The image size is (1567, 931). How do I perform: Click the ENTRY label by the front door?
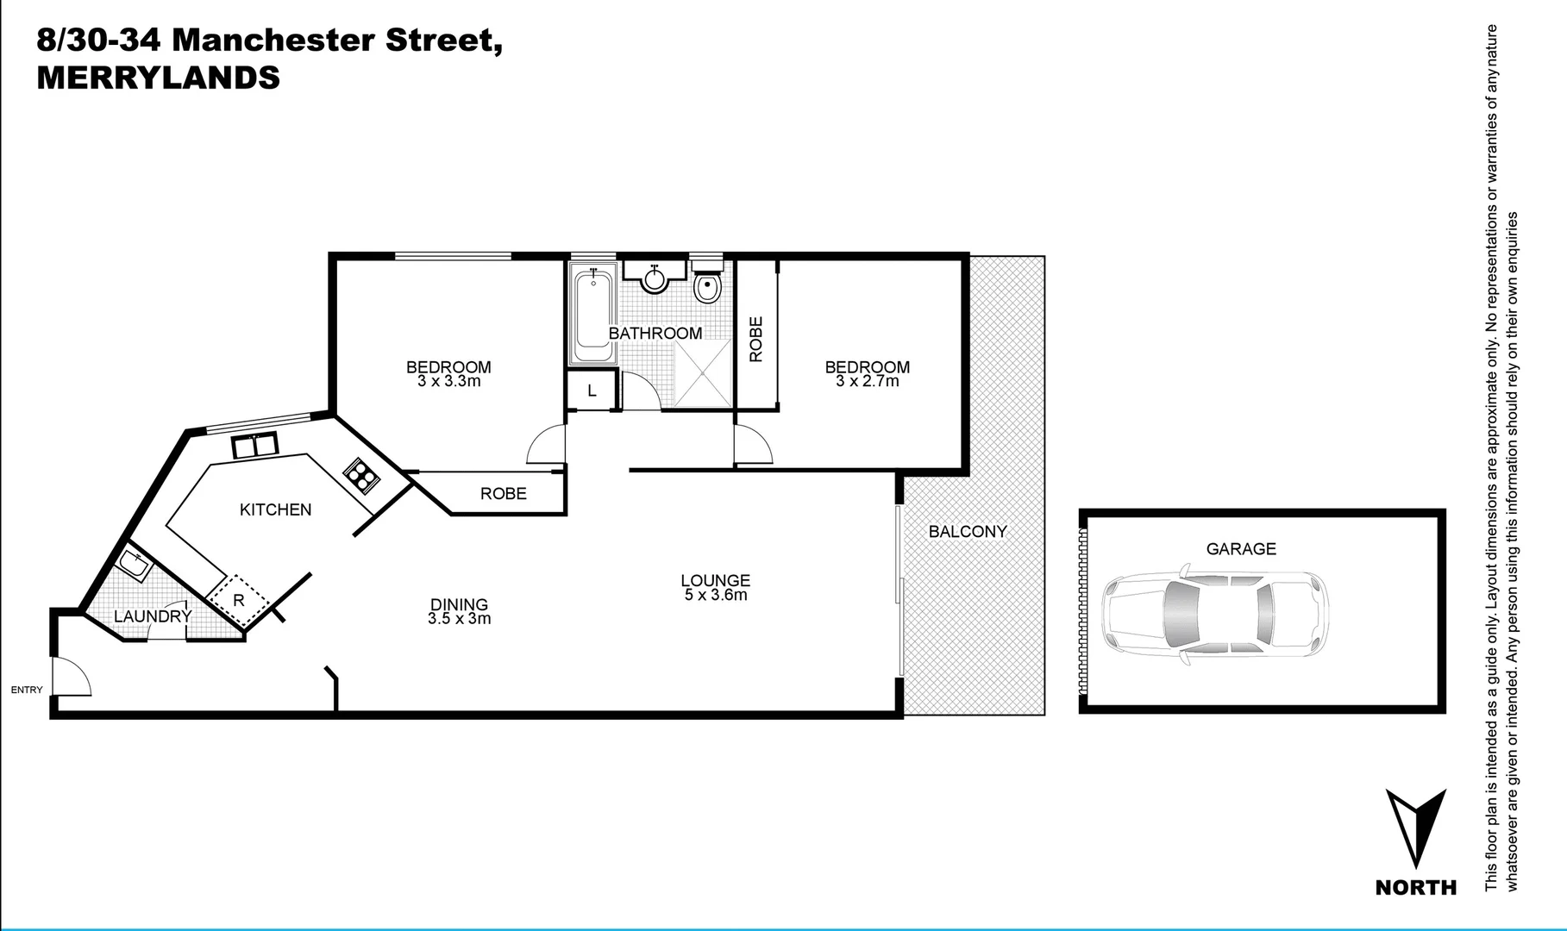(26, 690)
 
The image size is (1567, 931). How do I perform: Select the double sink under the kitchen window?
(254, 446)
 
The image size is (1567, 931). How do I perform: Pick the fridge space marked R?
(239, 600)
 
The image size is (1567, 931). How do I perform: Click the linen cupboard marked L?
(592, 391)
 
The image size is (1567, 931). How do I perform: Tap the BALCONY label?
(967, 532)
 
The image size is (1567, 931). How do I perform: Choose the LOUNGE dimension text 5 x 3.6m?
(715, 595)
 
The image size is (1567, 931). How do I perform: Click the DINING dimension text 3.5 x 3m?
(459, 618)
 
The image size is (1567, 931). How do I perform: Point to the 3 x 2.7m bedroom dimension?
(867, 381)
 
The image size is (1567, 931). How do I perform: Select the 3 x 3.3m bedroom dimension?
(448, 381)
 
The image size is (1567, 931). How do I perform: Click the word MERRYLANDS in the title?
(158, 78)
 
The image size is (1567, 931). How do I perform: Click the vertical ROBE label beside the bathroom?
(756, 339)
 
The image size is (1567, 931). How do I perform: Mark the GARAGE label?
(1240, 548)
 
